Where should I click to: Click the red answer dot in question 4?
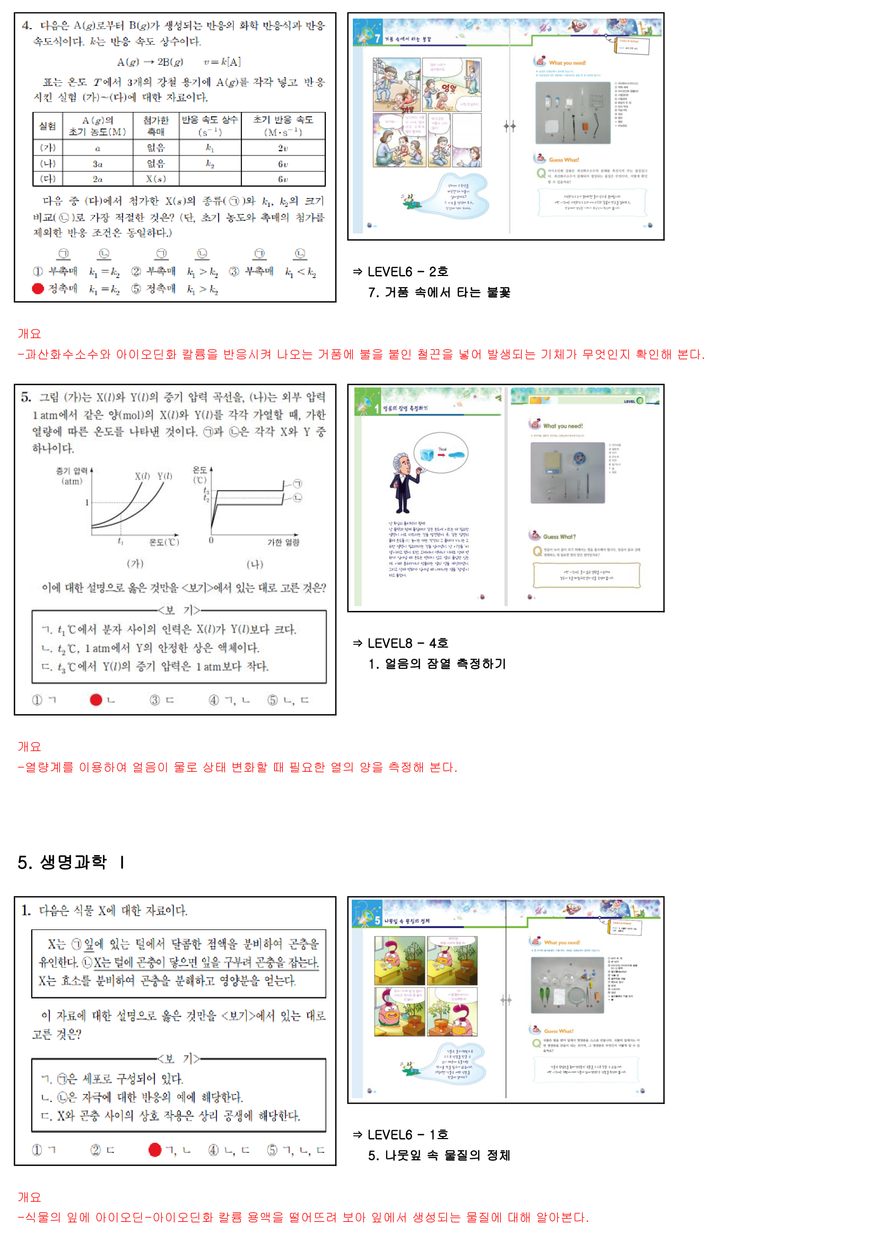(x=38, y=289)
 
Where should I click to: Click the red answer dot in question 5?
(x=96, y=700)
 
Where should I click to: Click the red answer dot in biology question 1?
(x=155, y=1150)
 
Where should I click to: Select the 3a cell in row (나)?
(x=97, y=164)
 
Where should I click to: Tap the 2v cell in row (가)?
(x=283, y=148)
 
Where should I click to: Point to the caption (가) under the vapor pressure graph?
(x=135, y=564)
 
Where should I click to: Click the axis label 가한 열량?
(x=283, y=542)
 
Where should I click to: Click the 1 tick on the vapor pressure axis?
(x=86, y=503)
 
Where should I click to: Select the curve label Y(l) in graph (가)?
(x=165, y=476)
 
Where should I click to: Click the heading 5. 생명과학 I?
(x=71, y=862)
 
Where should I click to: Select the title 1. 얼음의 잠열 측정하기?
(x=437, y=663)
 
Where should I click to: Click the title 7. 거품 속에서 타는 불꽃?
(x=439, y=292)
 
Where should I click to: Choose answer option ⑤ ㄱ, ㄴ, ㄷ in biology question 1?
(x=297, y=1150)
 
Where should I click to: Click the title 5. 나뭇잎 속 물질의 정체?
(x=439, y=1155)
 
